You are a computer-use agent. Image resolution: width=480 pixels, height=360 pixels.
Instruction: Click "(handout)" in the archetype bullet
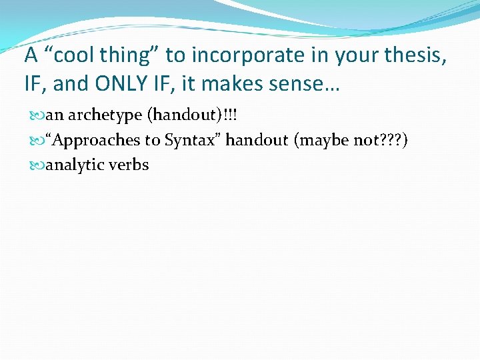point(178,115)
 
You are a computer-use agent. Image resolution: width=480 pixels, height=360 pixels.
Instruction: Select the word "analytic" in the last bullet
point(73,165)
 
